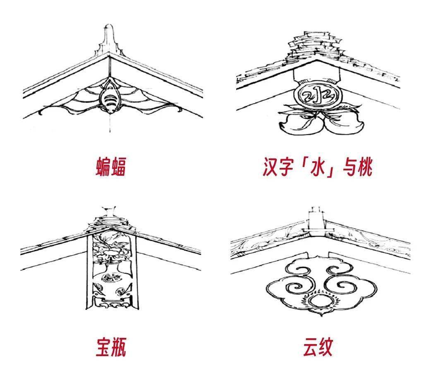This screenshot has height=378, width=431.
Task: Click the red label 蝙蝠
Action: coord(111,167)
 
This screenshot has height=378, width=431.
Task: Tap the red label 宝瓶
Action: coord(111,347)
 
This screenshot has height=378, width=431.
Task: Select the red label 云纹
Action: coord(318,347)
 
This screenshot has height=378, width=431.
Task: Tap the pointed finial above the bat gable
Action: coord(109,38)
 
